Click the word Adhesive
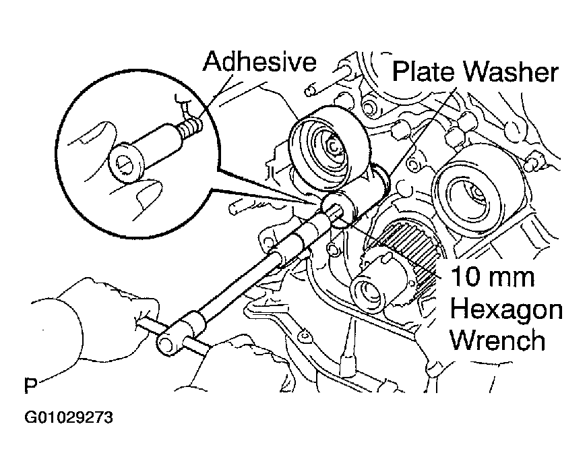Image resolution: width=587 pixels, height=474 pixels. click(x=259, y=61)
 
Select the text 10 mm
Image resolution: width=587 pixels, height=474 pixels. click(x=492, y=276)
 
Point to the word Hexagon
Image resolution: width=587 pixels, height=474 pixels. click(x=506, y=310)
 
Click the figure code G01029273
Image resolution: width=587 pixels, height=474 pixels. click(x=69, y=417)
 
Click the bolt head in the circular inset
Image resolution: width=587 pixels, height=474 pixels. click(x=127, y=163)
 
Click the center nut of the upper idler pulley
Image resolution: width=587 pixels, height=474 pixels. click(x=333, y=146)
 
